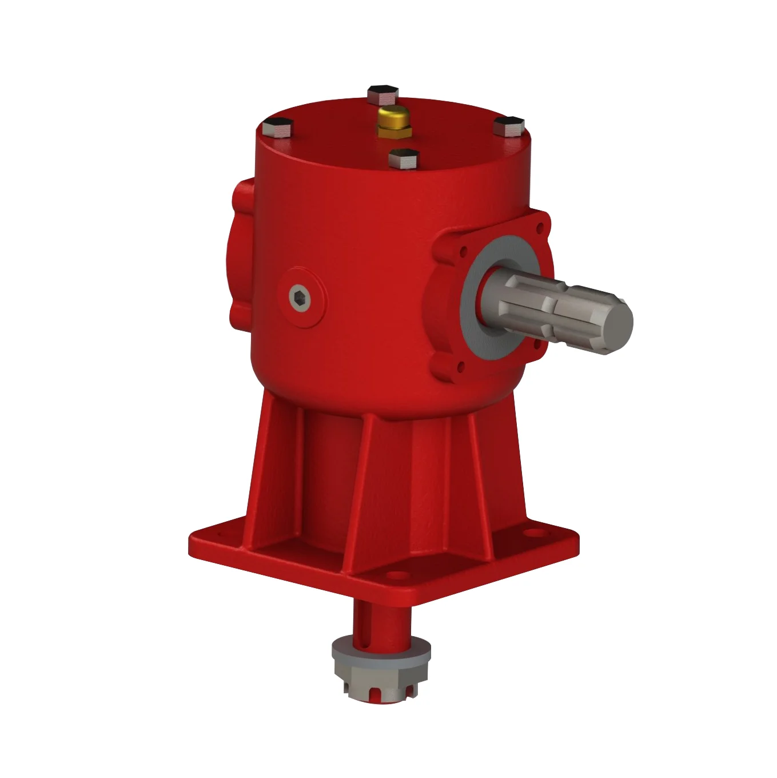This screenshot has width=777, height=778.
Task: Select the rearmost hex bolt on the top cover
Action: tap(382, 94)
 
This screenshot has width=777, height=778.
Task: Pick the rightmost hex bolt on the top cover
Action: tap(509, 125)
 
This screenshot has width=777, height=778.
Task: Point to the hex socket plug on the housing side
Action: tap(298, 297)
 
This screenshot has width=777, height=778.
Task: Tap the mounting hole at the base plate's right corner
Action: tap(537, 533)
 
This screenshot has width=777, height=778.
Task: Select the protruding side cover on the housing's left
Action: tap(240, 252)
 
